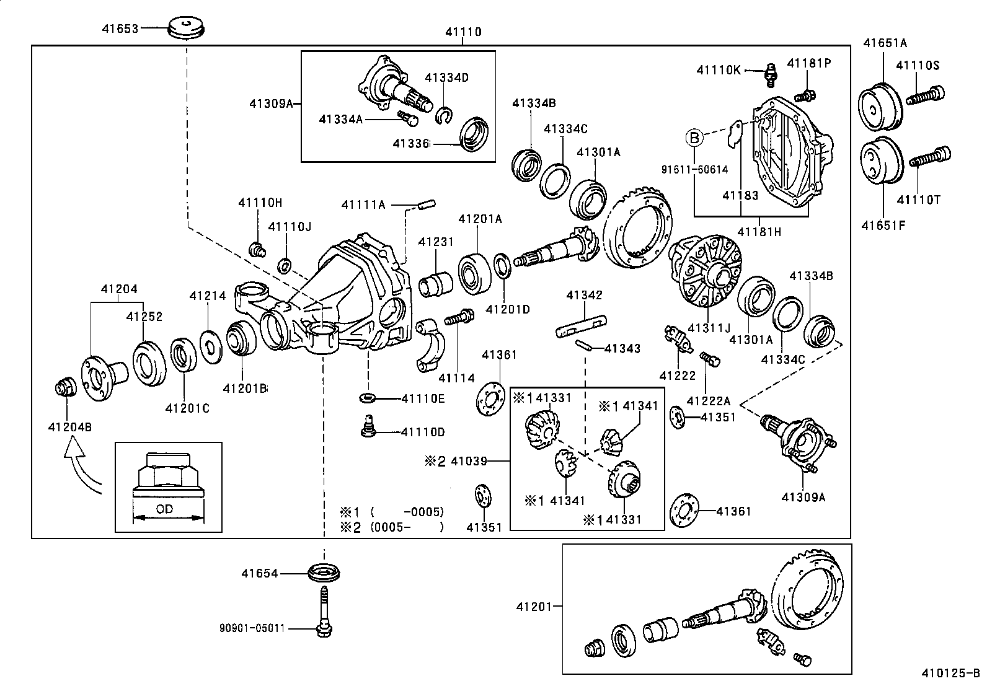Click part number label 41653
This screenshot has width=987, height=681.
pyautogui.click(x=120, y=28)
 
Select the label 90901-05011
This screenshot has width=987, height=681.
pyautogui.click(x=252, y=628)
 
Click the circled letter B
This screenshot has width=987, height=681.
pyautogui.click(x=695, y=137)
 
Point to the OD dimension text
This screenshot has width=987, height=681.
pyautogui.click(x=164, y=509)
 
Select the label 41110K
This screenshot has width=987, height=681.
pyautogui.click(x=718, y=70)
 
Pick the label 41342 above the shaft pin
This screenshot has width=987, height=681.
pyautogui.click(x=583, y=296)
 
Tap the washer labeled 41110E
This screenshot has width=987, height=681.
pyautogui.click(x=367, y=397)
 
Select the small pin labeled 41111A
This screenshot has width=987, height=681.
pyautogui.click(x=427, y=204)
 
